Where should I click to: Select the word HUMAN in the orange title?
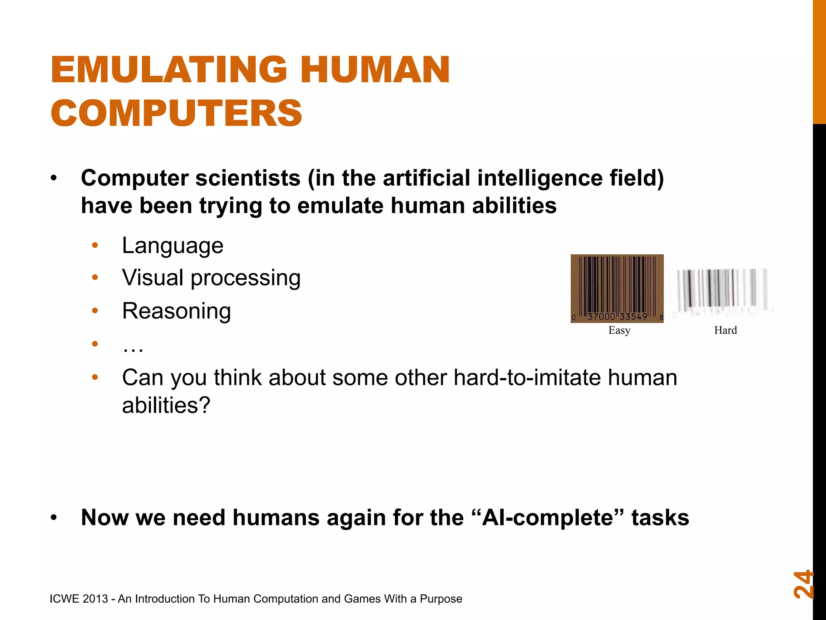(x=375, y=70)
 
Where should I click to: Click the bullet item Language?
(x=173, y=245)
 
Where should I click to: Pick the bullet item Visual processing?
(x=211, y=278)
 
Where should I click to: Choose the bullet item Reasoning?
(x=176, y=311)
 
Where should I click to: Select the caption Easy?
(x=619, y=330)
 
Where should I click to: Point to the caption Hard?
(x=725, y=330)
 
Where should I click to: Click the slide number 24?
(x=803, y=584)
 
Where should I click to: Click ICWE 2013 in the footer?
(x=79, y=599)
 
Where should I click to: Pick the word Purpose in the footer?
(x=441, y=599)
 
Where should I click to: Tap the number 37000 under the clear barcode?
(x=601, y=316)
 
